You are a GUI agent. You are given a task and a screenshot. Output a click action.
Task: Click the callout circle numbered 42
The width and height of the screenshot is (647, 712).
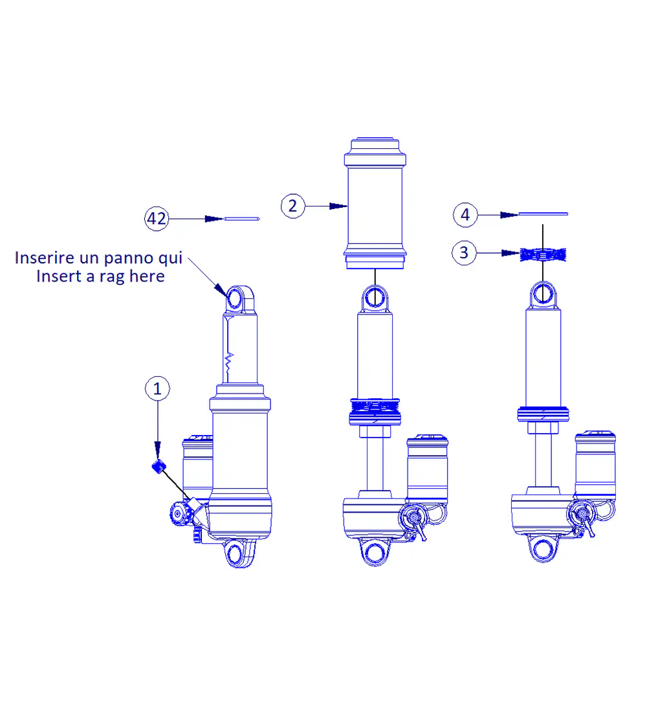point(157,219)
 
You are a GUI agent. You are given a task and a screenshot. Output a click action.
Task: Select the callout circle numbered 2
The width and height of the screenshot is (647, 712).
point(292,206)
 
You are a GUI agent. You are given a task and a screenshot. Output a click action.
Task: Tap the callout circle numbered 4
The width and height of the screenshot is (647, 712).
point(465,214)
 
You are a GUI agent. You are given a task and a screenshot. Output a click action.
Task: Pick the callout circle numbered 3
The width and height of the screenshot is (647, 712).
point(464,252)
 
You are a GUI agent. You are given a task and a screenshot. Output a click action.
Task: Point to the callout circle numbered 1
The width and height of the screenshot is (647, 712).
point(157,389)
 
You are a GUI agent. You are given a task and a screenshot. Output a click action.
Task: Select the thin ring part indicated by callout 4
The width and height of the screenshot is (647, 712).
point(543,213)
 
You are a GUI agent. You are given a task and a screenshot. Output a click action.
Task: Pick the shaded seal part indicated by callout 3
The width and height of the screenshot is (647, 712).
point(542,253)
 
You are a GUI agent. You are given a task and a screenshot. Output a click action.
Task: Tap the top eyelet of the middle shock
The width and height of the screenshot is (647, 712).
point(375,298)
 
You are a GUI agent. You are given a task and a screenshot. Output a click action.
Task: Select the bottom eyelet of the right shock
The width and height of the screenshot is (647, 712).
point(543,548)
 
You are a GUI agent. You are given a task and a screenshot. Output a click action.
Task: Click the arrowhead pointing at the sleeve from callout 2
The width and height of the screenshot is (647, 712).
point(337,206)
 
